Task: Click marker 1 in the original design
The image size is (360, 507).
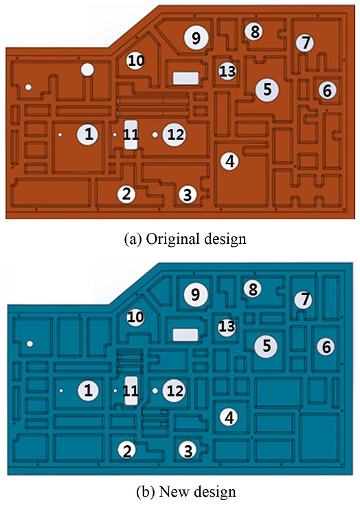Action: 88,134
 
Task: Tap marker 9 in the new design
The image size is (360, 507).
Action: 196,295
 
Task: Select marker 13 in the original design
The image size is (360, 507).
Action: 227,71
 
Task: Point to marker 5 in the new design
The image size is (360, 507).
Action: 266,346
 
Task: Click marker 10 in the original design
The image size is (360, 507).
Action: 136,60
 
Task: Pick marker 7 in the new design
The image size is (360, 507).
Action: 304,300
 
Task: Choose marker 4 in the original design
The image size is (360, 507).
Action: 229,161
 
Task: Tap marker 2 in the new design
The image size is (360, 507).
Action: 127,450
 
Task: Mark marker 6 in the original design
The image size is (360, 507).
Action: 327,90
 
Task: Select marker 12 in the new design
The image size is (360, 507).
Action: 175,391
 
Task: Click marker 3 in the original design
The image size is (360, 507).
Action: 188,194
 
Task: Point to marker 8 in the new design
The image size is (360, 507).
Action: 253,289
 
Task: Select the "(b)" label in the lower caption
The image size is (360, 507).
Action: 146,492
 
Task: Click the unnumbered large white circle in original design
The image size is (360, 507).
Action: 87,69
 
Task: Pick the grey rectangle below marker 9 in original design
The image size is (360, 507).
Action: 185,78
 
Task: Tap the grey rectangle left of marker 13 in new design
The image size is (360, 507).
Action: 185,335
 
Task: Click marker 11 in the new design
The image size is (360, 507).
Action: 131,391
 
